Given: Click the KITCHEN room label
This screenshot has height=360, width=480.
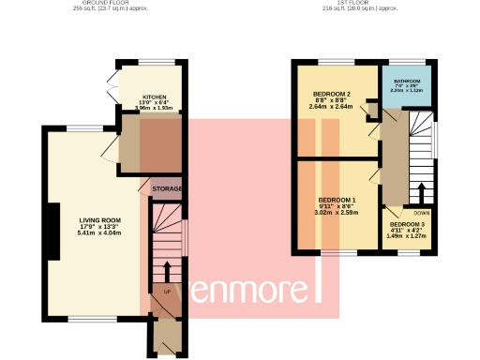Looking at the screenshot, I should point(155,97).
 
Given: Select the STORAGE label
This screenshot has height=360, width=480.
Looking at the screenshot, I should point(167,189).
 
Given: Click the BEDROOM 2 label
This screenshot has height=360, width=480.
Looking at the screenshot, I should point(331,95).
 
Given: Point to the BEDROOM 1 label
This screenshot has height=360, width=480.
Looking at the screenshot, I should point(337,201).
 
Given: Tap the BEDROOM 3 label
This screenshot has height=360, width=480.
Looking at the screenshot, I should point(407,225).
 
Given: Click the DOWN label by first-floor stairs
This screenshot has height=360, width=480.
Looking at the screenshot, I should point(421,213).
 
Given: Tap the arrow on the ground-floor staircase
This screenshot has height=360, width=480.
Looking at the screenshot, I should point(168,271).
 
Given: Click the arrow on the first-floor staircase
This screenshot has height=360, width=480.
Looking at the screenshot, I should point(421,193).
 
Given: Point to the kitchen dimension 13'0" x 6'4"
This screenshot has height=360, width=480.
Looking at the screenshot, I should point(155,103).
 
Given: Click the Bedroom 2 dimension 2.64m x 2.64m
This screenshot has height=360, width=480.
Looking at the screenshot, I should point(331,107).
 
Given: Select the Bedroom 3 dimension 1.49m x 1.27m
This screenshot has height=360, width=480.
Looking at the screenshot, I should point(407,236).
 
